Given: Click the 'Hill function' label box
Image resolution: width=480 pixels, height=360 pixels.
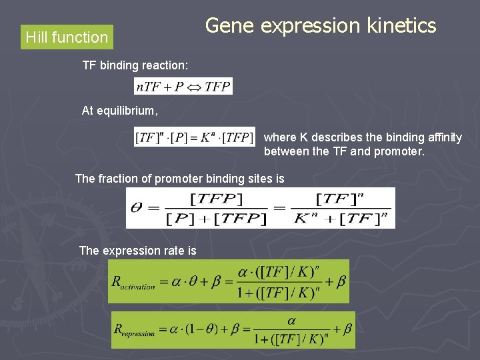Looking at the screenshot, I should pyautogui.click(x=67, y=37).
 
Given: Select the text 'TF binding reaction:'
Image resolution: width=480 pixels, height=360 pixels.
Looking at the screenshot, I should pyautogui.click(x=135, y=65).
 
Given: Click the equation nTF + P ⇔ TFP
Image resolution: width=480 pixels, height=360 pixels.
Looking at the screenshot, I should pyautogui.click(x=183, y=87).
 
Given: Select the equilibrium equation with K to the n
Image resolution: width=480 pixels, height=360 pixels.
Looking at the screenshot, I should pyautogui.click(x=194, y=137).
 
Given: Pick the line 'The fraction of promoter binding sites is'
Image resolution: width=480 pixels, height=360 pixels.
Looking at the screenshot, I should pyautogui.click(x=180, y=179).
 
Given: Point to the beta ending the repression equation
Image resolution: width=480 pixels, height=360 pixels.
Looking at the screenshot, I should pyautogui.click(x=347, y=329).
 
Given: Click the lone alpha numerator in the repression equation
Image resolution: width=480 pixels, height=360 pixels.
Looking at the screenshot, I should pyautogui.click(x=291, y=321).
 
